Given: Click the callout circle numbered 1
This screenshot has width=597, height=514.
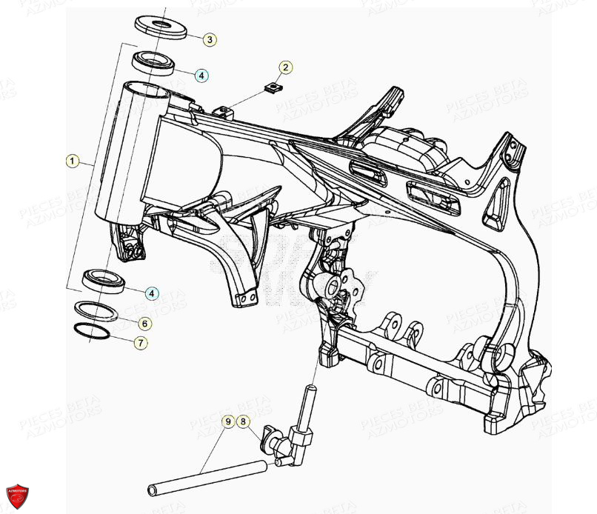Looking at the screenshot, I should (72, 160).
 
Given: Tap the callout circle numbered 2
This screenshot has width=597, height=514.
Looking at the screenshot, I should (285, 67).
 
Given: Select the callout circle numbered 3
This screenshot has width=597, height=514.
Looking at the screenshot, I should (210, 39).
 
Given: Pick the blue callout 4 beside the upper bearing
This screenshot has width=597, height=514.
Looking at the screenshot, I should (202, 75).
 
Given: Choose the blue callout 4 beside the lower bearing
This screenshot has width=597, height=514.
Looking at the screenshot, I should (151, 293).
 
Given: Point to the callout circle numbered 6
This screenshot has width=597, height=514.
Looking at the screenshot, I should (144, 324).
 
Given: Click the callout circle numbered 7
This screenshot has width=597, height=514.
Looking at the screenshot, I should (139, 343).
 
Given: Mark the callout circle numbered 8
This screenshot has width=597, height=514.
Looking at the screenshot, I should (244, 421).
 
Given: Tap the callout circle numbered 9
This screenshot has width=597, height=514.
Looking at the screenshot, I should (229, 421).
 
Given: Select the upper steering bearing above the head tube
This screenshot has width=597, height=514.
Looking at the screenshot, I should (153, 61).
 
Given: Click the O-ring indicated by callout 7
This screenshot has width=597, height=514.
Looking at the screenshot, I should (91, 331).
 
